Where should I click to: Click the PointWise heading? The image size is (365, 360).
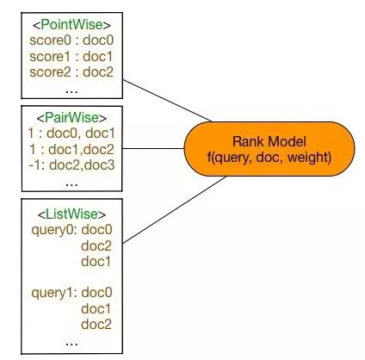(71, 24)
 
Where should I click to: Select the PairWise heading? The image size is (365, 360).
(71, 117)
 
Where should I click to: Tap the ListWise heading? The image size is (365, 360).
(71, 214)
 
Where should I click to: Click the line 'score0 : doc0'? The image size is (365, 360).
(71, 40)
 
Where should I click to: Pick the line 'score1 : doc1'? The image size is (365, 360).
(71, 56)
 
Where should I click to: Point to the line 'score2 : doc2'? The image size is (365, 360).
(71, 71)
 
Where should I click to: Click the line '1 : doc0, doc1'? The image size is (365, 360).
(71, 133)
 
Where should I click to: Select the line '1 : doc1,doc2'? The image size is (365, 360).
(71, 149)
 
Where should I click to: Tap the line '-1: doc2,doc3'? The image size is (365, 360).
(71, 165)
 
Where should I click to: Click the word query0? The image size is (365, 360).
(54, 230)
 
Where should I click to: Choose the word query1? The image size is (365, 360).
(54, 293)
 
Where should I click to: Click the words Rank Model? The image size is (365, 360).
(269, 141)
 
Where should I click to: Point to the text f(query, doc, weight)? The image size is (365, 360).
(269, 157)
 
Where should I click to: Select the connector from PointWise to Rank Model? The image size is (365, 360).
(167, 101)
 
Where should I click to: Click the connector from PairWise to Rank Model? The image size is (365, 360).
(153, 149)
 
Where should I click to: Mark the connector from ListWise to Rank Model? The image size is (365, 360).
(175, 210)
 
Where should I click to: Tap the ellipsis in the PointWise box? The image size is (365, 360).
(71, 92)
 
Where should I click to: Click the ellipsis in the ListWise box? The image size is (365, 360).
(71, 344)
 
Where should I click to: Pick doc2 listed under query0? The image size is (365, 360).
(96, 246)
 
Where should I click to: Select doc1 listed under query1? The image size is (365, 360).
(96, 309)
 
